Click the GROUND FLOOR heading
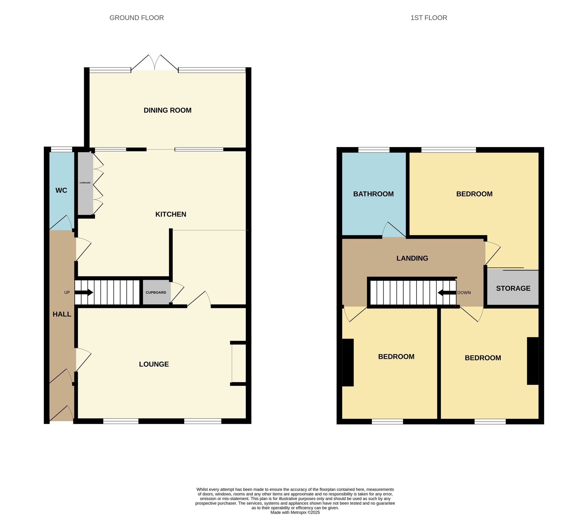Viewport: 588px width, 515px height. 137,18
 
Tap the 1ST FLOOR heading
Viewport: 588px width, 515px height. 429,18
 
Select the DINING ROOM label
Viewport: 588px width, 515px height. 167,110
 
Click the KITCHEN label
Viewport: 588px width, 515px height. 171,214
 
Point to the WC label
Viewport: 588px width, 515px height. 61,190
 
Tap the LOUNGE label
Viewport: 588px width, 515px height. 154,364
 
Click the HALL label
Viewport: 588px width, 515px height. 62,314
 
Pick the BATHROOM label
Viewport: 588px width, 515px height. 374,194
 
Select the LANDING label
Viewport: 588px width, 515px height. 412,258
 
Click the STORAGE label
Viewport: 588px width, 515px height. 513,288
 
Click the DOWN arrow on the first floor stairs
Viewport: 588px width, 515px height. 447,293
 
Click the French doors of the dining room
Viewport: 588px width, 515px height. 155,63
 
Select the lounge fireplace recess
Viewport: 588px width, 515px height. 239,364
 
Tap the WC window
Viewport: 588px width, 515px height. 61,149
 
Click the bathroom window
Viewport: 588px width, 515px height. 374,150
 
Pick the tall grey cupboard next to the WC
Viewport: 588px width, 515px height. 86,183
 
